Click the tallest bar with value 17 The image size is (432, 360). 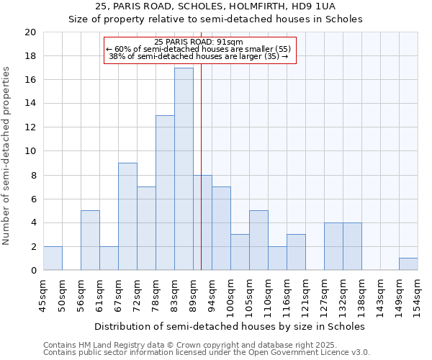point(184,169)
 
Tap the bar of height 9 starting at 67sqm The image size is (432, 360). point(127,217)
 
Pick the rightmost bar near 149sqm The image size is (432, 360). point(408,264)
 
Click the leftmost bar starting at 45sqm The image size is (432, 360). point(53,258)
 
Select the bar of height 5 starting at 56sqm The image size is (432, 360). point(90,240)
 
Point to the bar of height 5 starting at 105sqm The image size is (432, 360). point(258,240)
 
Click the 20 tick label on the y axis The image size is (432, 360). point(30,32)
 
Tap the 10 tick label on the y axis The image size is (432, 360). point(30,151)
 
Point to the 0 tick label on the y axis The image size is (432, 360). point(33,271)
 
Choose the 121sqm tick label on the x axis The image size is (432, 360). point(305,297)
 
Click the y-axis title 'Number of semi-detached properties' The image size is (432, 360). point(7,156)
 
